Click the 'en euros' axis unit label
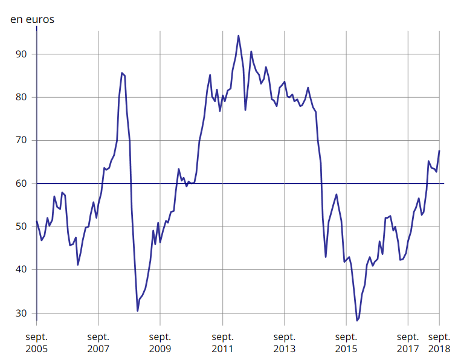32,19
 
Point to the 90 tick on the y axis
22,54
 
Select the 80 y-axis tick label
22,97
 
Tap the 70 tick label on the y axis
22,140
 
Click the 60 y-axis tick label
22,184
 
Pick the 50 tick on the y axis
22,227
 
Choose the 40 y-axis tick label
22,270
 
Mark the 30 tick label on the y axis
22,313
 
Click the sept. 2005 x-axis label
36,342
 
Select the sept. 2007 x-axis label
98,342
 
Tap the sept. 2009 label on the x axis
160,342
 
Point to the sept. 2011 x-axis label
222,342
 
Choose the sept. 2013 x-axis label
284,342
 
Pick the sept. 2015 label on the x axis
346,342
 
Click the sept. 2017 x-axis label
408,342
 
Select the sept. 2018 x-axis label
439,342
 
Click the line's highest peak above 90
238,36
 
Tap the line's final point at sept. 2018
439,150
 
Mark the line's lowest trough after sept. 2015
357,321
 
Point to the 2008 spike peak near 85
121,72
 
